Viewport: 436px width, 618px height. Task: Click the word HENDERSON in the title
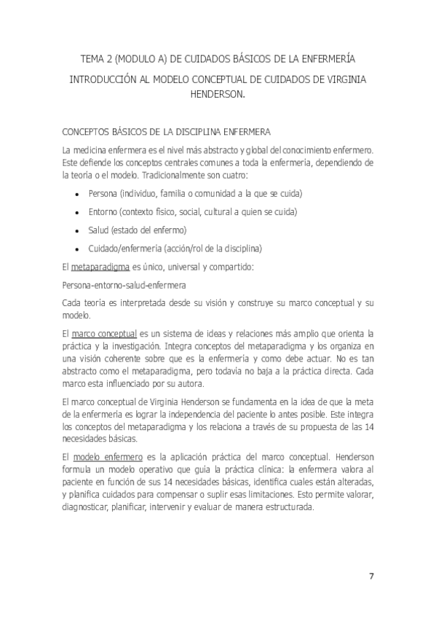coord(217,94)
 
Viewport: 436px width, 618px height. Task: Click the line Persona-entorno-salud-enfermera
coord(114,284)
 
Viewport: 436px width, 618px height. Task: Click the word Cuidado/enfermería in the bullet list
coord(124,249)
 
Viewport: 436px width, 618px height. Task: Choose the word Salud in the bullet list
coord(98,230)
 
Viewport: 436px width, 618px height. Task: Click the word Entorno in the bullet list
coord(103,211)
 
